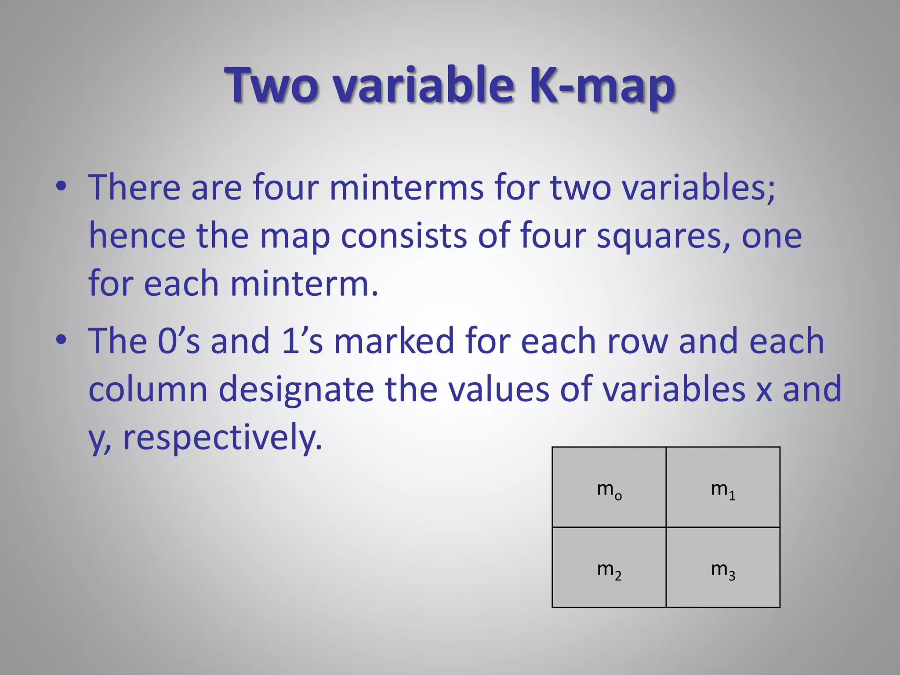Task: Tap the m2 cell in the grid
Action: [609, 568]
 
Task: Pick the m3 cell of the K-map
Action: [723, 568]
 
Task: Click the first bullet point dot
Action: [61, 186]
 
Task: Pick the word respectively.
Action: [222, 438]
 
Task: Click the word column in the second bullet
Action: [148, 389]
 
